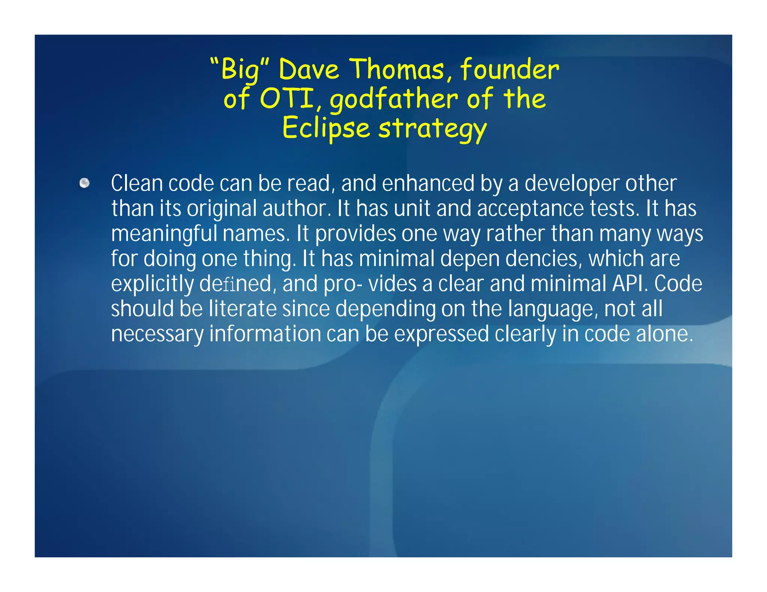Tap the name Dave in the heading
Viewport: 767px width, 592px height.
[x=309, y=70]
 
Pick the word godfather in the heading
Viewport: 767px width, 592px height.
[x=393, y=100]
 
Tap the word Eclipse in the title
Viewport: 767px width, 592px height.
[x=326, y=128]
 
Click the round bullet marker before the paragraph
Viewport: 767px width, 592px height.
[x=85, y=183]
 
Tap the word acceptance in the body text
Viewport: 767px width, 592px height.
[x=530, y=209]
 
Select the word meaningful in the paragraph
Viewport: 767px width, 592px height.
[x=164, y=234]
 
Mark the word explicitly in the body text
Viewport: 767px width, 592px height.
[x=152, y=284]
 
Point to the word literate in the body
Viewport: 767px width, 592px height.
[x=242, y=309]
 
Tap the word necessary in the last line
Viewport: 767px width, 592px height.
[x=157, y=334]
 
